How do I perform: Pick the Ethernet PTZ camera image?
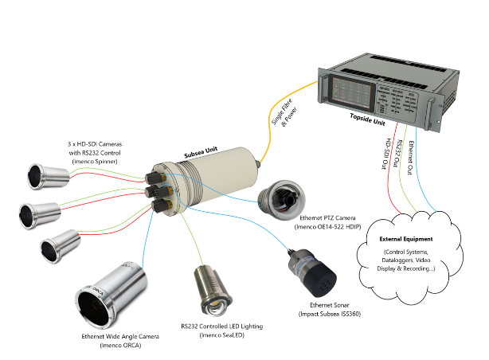pos(283,199)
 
